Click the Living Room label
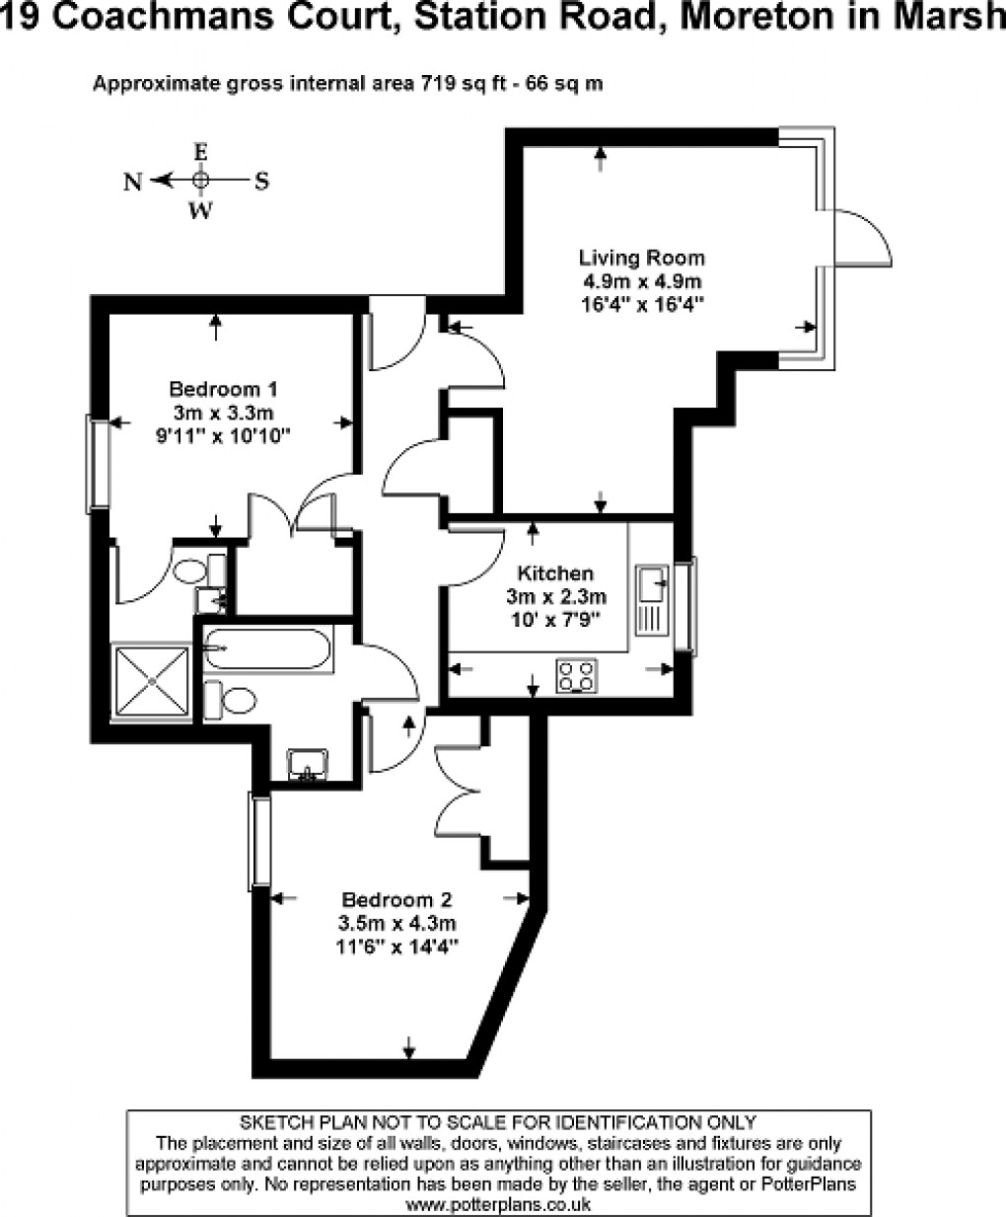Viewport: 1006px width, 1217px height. [641, 258]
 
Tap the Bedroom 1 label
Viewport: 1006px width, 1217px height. [223, 389]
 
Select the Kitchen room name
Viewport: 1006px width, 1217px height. [555, 573]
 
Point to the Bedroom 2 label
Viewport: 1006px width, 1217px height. [396, 900]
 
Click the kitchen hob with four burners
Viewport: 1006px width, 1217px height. [576, 675]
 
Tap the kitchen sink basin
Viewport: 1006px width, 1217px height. [652, 583]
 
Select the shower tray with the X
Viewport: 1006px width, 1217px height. [152, 681]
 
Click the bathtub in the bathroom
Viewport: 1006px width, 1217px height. [267, 648]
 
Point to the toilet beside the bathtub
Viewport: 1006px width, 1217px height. [230, 700]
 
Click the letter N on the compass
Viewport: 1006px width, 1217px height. [133, 182]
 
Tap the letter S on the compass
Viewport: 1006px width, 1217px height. [262, 182]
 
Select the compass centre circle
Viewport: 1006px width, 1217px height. [200, 180]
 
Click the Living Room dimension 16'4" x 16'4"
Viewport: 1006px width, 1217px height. [642, 304]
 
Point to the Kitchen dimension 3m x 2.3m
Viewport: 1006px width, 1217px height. [555, 597]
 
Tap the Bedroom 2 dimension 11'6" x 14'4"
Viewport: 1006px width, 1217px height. [396, 948]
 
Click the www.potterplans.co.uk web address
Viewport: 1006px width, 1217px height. [499, 1204]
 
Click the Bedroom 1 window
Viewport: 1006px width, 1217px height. [98, 464]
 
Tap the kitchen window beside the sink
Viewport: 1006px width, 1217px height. [685, 606]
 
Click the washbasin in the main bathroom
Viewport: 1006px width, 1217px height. [308, 764]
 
